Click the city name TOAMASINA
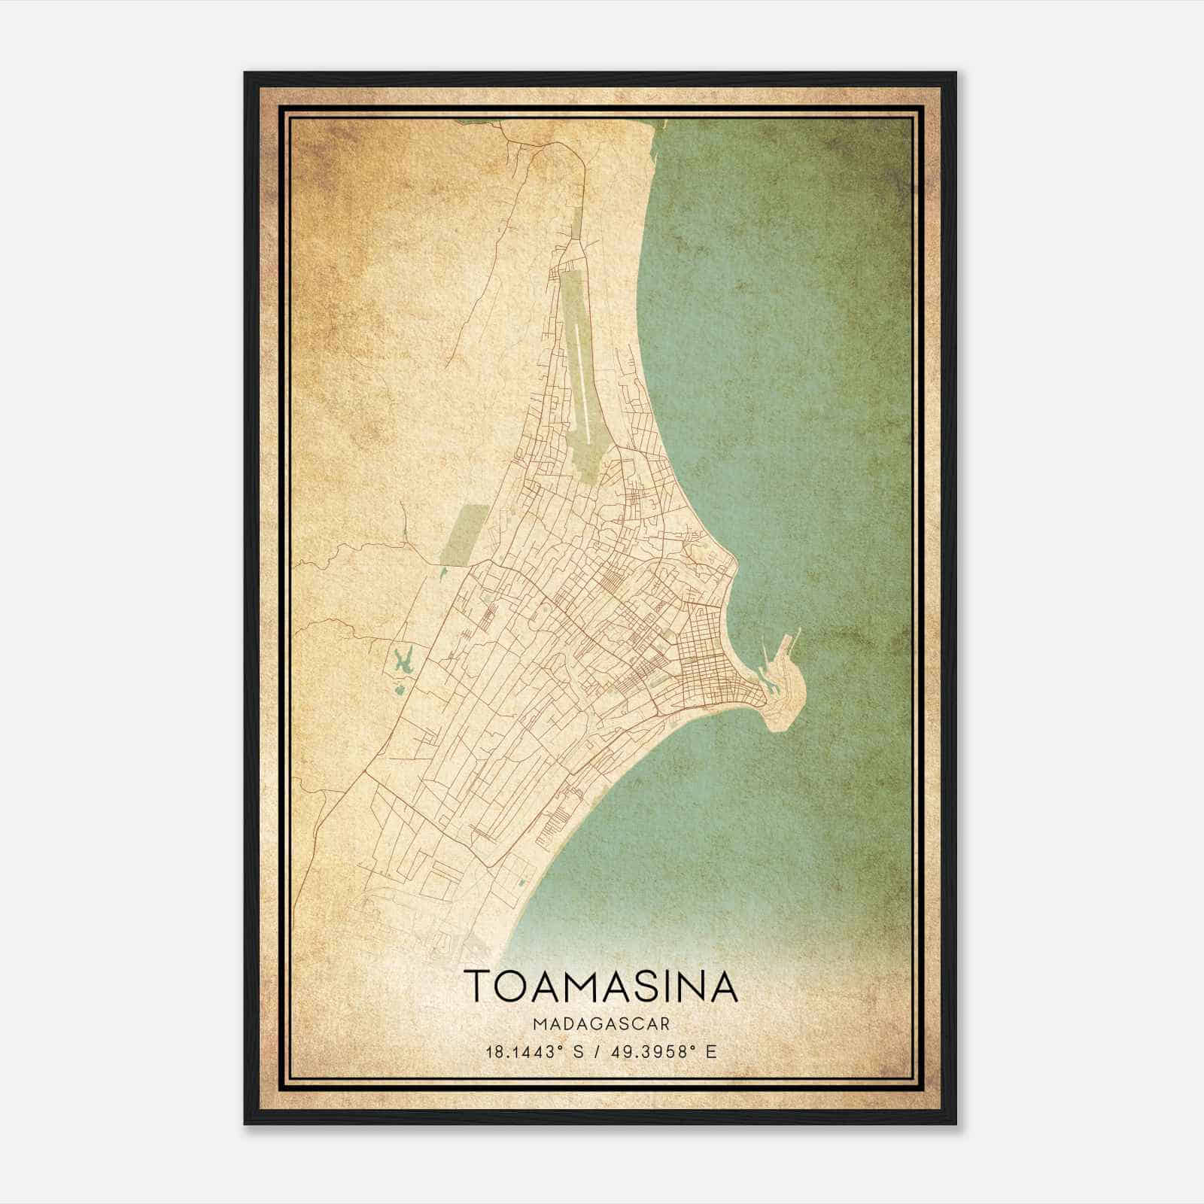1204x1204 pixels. (x=600, y=987)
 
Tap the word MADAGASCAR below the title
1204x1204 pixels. (x=600, y=1024)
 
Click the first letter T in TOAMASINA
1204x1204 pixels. (x=478, y=987)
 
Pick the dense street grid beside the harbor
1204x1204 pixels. (x=707, y=662)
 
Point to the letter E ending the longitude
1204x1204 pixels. (x=712, y=1051)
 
